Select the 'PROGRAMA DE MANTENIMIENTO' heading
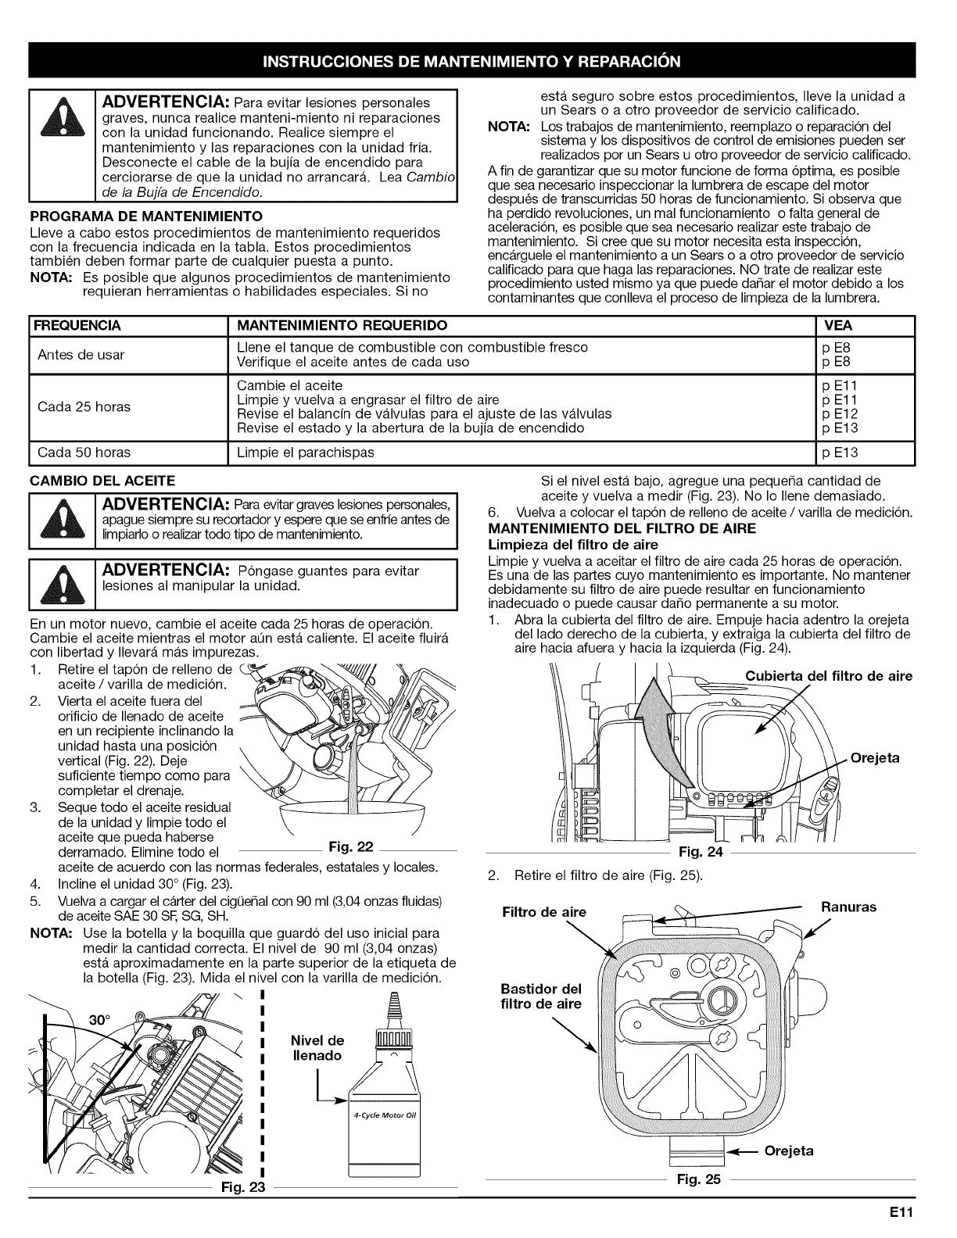click(145, 215)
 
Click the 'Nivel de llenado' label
click(317, 1048)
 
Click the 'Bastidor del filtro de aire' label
click(541, 996)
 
